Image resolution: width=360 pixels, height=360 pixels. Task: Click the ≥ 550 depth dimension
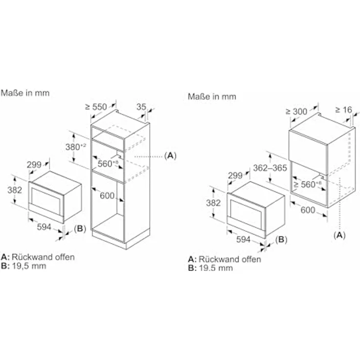pyautogui.click(x=96, y=107)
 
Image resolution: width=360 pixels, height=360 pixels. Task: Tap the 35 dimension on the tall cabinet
pyautogui.click(x=141, y=107)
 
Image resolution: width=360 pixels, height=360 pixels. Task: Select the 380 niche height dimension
pyautogui.click(x=76, y=147)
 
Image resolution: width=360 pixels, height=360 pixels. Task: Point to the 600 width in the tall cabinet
pyautogui.click(x=107, y=196)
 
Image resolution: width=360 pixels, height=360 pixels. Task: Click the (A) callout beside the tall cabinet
pyautogui.click(x=170, y=156)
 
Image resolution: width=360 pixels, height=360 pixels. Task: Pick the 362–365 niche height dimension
pyautogui.click(x=270, y=168)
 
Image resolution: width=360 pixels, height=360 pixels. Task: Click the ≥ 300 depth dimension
pyautogui.click(x=296, y=112)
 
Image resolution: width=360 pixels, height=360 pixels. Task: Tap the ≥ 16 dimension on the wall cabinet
pyautogui.click(x=344, y=110)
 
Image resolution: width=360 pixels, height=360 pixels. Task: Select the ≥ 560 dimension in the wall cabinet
pyautogui.click(x=308, y=184)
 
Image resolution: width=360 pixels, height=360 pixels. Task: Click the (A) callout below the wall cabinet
pyautogui.click(x=339, y=235)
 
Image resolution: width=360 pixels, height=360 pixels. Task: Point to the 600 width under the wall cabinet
pyautogui.click(x=308, y=210)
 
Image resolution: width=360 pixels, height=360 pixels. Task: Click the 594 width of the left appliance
pyautogui.click(x=44, y=227)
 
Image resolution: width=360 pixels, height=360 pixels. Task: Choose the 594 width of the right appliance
pyautogui.click(x=243, y=239)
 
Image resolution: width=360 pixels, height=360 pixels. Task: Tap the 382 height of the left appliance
pyautogui.click(x=15, y=190)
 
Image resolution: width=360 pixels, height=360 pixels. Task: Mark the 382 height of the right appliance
pyautogui.click(x=213, y=202)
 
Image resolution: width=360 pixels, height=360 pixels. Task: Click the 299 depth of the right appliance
pyautogui.click(x=235, y=176)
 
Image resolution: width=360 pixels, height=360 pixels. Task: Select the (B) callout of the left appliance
pyautogui.click(x=80, y=228)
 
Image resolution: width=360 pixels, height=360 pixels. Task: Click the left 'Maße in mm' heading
pyautogui.click(x=25, y=93)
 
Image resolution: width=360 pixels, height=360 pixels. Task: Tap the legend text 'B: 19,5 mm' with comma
pyautogui.click(x=23, y=266)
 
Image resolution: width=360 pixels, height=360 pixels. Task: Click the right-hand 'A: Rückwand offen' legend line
pyautogui.click(x=225, y=259)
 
